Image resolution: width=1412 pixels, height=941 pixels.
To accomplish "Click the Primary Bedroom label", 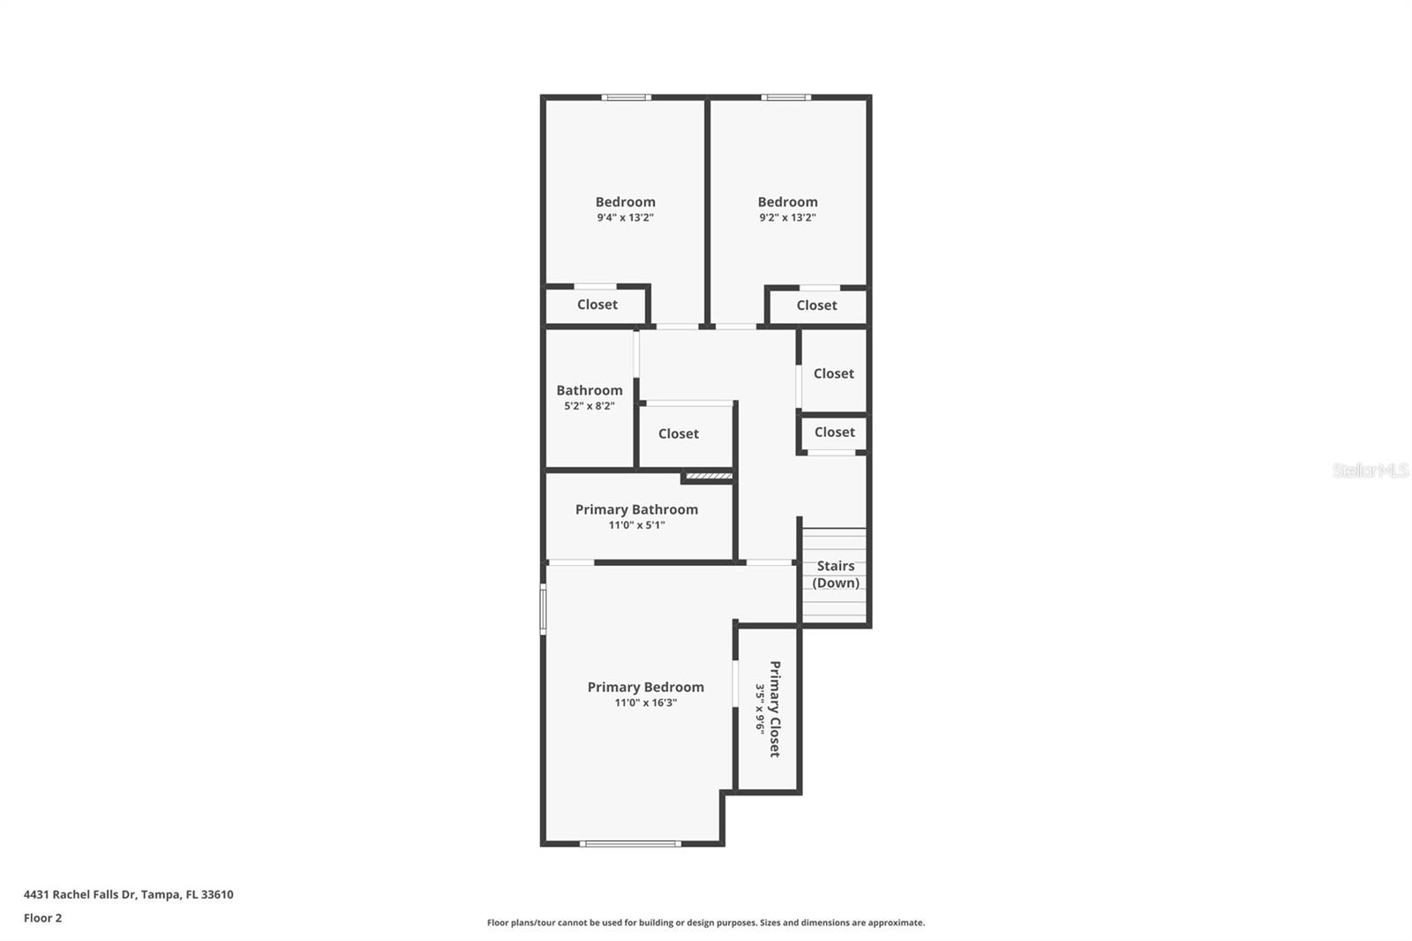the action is pyautogui.click(x=645, y=688).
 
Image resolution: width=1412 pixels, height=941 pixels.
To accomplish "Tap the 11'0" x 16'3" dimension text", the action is pyautogui.click(x=645, y=703).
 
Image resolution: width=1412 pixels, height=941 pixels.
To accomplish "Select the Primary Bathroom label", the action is pyautogui.click(x=636, y=509).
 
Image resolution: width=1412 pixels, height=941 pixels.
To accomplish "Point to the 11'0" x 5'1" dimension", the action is pyautogui.click(x=636, y=524).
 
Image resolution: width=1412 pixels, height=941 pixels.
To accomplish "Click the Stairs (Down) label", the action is pyautogui.click(x=836, y=575).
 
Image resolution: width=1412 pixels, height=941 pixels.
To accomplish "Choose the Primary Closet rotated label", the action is pyautogui.click(x=776, y=709).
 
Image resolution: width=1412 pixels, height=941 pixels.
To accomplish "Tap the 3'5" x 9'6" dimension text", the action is pyautogui.click(x=760, y=710).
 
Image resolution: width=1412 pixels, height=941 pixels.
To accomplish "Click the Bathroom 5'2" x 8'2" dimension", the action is pyautogui.click(x=590, y=405).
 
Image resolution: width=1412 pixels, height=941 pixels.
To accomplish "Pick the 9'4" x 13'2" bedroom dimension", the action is pyautogui.click(x=626, y=217).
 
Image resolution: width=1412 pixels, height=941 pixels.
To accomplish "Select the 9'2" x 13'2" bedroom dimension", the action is pyautogui.click(x=787, y=217).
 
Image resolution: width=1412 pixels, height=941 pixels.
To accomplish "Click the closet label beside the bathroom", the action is pyautogui.click(x=679, y=434).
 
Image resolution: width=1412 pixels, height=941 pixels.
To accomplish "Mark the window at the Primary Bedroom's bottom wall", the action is pyautogui.click(x=630, y=843).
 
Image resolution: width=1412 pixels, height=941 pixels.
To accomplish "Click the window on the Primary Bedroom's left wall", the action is pyautogui.click(x=543, y=608).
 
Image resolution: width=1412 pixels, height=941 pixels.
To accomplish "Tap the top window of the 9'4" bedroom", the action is pyautogui.click(x=626, y=97).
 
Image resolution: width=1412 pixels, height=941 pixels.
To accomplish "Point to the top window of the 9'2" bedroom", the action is pyautogui.click(x=785, y=97).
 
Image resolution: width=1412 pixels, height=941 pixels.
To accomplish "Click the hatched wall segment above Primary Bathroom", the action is pyautogui.click(x=710, y=476).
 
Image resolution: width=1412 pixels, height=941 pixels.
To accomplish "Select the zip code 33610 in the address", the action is pyautogui.click(x=217, y=894).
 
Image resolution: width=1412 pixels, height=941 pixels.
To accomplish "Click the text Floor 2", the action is pyautogui.click(x=43, y=918).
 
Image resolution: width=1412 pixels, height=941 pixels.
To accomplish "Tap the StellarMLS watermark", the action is pyautogui.click(x=1371, y=470).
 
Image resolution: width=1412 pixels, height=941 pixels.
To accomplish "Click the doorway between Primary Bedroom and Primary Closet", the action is pyautogui.click(x=735, y=683).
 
